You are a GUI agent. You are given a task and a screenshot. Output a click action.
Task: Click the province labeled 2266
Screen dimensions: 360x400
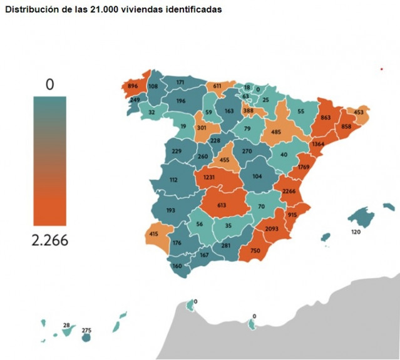pos(289,192)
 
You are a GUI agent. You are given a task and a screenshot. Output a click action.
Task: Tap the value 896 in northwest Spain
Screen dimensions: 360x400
pos(133,86)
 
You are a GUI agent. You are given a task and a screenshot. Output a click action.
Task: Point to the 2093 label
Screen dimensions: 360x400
pos(271,230)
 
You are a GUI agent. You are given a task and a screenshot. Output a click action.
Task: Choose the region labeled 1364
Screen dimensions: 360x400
pos(318,144)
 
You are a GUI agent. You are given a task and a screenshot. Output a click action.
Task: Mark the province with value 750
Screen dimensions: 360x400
pos(255,250)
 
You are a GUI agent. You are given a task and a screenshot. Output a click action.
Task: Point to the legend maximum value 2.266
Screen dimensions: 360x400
pos(50,241)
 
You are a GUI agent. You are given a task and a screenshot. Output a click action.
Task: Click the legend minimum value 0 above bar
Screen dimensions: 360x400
pos(50,85)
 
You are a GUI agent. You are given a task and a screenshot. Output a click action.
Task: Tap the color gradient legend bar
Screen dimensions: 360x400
pos(50,161)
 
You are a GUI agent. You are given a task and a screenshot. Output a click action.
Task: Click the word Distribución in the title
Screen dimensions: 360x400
pos(29,10)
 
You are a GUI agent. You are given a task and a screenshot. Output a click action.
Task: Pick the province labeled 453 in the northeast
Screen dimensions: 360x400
pos(359,113)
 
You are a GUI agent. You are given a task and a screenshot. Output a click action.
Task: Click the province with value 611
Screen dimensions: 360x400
pos(217,86)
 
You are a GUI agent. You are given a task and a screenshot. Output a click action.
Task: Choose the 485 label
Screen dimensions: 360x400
pos(275,132)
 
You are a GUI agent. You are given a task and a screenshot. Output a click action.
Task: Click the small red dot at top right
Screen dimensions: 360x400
pos(381,69)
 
